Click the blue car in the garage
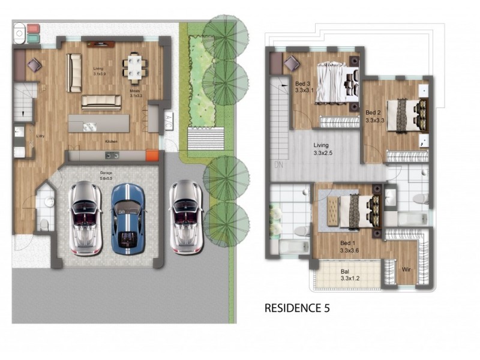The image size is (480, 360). coord(128,217)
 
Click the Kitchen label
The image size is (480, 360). coord(111,142)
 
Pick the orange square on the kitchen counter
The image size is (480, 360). coord(152,155)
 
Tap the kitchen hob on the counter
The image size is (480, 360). coord(112,155)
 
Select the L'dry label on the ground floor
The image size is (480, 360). coord(40,136)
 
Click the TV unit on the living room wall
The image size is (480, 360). coord(101,44)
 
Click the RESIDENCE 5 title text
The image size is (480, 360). coord(297,309)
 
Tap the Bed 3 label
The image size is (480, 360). coord(303,83)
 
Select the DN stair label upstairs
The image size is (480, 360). coord(277,165)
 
